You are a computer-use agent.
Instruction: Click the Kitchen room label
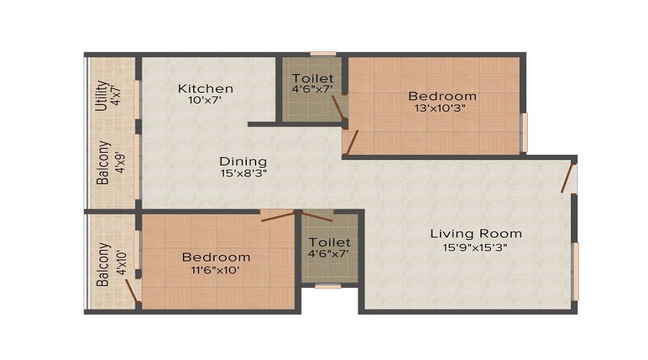206,89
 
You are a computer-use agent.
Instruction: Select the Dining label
243,161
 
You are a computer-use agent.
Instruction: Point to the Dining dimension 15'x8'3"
243,173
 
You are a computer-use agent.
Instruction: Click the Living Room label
476,233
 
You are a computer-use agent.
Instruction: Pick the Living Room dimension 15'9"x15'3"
476,247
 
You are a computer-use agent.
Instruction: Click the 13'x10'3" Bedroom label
442,96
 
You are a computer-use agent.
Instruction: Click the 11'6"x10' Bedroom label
216,257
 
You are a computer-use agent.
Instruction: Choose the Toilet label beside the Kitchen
312,78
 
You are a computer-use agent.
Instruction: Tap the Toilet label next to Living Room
329,242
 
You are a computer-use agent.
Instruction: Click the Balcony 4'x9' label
104,162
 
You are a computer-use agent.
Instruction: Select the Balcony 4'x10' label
104,265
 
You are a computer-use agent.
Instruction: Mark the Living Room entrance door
570,179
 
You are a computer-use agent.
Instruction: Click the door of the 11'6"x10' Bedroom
278,215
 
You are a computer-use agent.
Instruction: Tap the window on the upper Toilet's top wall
323,53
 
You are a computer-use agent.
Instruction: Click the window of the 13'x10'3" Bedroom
524,132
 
